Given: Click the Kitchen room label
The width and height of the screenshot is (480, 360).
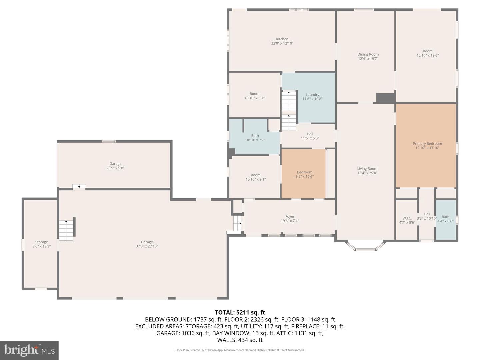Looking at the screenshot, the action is tap(282, 39).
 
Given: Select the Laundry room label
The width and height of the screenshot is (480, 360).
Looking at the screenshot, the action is tap(312, 95).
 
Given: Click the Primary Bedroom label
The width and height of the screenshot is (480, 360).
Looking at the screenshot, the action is tap(427, 144).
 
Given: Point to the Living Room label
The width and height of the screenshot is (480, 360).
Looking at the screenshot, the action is tap(367, 169).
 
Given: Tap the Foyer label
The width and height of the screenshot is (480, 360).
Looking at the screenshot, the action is tap(290, 216).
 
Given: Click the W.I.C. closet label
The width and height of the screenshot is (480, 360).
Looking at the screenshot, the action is tap(407, 218).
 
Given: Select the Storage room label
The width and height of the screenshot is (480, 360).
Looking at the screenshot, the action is tap(42, 242).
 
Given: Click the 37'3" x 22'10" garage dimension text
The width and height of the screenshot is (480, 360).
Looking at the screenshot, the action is tap(147, 246).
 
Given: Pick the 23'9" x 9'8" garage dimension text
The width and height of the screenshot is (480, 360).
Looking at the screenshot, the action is tap(115, 168).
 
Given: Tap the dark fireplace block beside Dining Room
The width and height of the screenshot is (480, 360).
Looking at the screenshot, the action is tap(386, 98).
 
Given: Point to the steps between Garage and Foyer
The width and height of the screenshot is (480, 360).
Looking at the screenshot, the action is tap(237, 223).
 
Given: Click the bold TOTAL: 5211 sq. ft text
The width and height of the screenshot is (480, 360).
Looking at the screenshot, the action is tap(240, 312).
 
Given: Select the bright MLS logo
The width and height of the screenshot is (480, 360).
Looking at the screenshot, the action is tap(29, 350).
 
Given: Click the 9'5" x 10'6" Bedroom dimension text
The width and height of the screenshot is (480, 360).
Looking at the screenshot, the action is tap(304, 176).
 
